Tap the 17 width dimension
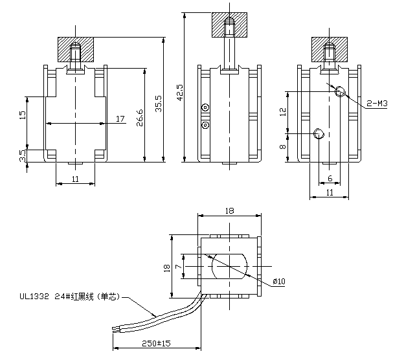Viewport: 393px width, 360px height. [120, 118]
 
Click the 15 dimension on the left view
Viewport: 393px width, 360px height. [23, 115]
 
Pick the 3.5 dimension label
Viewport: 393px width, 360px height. [23, 156]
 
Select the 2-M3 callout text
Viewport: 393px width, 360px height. [376, 103]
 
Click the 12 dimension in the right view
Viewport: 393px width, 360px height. [282, 111]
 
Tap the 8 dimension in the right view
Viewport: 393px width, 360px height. [282, 148]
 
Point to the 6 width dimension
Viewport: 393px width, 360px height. [330, 178]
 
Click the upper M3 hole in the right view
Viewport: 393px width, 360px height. [340, 91]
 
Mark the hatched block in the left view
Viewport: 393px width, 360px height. [76, 49]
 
